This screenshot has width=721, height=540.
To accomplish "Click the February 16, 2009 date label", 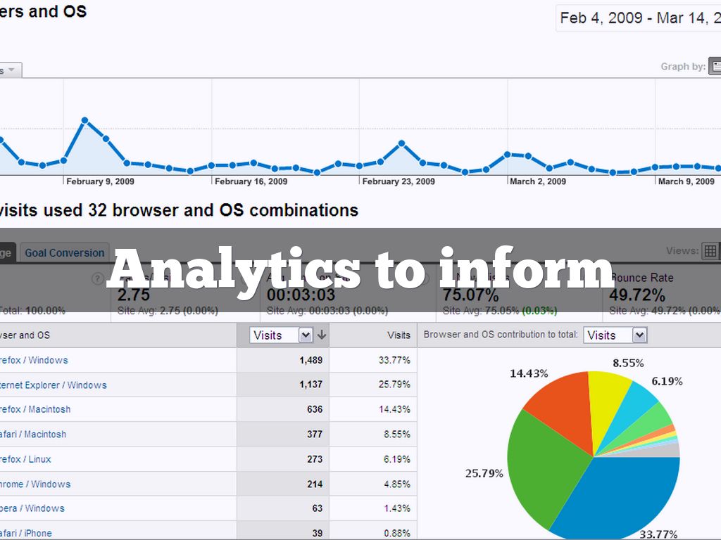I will pos(251,181).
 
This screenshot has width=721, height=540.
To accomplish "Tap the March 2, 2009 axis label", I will pos(538,181).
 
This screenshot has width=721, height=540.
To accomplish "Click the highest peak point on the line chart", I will pos(84,120).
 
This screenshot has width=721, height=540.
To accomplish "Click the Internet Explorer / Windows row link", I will pos(54,385).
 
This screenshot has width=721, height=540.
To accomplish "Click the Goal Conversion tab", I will pos(65,253).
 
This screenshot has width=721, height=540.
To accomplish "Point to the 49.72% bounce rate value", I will pos(637,295).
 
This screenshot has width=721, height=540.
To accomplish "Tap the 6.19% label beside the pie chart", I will pos(666,381).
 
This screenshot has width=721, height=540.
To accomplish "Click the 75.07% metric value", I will pos(470,295).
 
